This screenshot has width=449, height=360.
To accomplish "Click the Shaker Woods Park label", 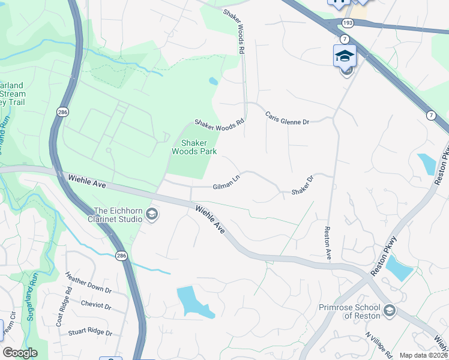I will [189, 147].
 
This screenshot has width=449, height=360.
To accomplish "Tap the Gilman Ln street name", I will [226, 187].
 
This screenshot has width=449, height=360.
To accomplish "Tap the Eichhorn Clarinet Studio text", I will [118, 215].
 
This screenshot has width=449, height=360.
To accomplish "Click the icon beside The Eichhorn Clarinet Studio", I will [152, 214].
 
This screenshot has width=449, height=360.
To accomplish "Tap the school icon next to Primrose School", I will [389, 310].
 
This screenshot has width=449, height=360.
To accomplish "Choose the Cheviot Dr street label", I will [95, 305].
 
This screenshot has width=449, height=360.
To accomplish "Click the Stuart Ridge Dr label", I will [90, 332].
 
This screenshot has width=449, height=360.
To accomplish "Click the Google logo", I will [20, 353].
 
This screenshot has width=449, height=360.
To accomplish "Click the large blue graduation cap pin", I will [345, 56].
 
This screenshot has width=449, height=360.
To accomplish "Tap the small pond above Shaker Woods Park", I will [213, 81].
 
